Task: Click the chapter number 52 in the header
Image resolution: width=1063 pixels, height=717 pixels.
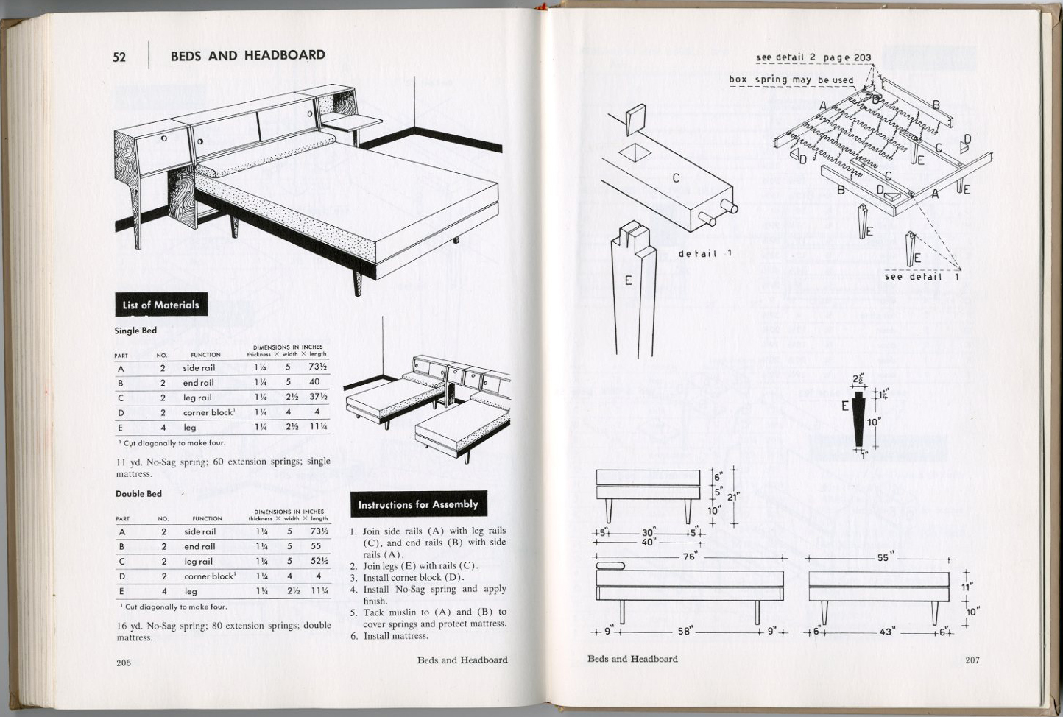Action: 119,57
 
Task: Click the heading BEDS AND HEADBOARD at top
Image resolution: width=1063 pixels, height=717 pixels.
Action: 247,55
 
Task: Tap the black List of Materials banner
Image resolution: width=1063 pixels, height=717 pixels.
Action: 160,305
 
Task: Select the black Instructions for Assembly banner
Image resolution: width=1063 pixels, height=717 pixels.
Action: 418,504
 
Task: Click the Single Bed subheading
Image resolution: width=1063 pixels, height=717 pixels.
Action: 135,331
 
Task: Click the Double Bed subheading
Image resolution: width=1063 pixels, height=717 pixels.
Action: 138,493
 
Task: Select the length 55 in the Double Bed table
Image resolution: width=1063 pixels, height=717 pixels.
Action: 316,546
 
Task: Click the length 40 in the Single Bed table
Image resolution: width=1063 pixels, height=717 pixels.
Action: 314,382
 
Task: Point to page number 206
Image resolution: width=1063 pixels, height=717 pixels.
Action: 124,663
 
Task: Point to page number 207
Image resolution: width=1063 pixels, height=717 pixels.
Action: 972,660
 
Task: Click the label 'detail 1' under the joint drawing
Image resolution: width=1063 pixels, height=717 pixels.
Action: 704,254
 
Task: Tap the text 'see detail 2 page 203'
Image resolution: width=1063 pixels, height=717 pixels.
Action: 813,57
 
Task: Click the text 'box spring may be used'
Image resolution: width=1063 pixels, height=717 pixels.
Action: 791,80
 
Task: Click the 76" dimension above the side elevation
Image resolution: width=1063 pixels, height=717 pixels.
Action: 689,557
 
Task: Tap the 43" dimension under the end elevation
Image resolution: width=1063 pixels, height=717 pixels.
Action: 886,632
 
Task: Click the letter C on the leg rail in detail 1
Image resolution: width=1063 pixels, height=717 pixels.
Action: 676,177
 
